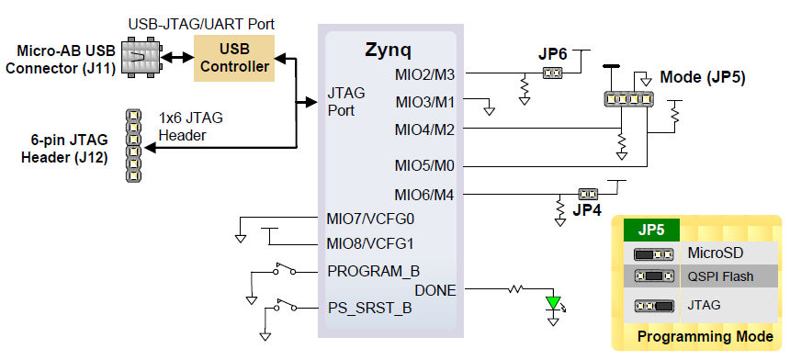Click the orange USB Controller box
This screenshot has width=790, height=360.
pos(232,58)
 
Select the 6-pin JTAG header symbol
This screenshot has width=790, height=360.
pos(133,145)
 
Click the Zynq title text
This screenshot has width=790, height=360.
pos(388,49)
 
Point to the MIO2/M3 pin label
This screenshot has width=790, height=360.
pos(424,73)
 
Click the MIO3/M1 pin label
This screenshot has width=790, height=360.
pos(424,101)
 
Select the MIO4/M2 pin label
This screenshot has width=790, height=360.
pos(424,129)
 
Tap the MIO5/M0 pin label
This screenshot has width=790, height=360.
pos(424,166)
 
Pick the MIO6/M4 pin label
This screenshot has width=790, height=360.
pos(424,195)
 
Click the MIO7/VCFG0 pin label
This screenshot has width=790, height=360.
pos(371,219)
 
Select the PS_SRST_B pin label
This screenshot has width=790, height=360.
pos(369,308)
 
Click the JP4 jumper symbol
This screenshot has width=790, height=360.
pos(586,194)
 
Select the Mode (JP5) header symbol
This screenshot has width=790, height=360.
pos(628,98)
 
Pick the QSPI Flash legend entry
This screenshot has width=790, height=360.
pos(720,276)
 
